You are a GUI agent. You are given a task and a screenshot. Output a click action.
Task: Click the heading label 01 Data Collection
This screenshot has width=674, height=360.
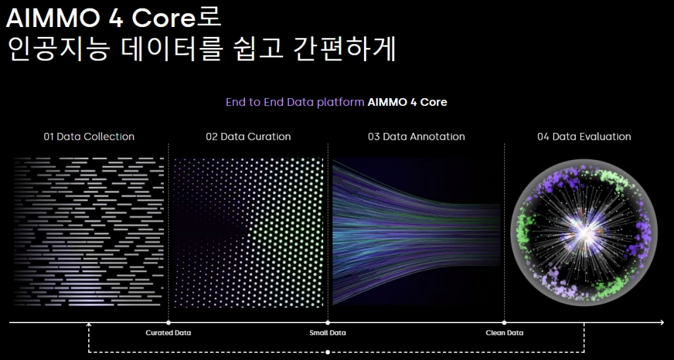click(x=89, y=137)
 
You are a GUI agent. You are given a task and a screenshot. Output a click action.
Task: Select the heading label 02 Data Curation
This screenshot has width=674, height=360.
click(x=248, y=137)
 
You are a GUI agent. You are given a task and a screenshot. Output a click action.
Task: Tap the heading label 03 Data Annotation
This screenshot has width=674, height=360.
click(x=416, y=137)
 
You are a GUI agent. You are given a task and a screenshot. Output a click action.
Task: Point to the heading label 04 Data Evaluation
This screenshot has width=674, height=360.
click(x=584, y=137)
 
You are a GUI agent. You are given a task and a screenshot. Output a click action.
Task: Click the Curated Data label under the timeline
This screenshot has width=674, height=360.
click(x=168, y=333)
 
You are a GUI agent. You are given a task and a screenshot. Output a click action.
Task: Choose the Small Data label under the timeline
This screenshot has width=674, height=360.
click(x=328, y=333)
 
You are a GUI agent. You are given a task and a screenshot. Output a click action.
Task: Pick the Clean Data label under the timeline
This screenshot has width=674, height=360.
click(x=505, y=333)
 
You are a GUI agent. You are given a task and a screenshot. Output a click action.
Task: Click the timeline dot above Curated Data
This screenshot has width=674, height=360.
click(x=168, y=322)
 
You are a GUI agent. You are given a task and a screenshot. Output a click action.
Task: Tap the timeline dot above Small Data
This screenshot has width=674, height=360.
click(x=328, y=322)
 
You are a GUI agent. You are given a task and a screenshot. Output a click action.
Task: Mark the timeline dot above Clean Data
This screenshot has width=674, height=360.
click(x=504, y=322)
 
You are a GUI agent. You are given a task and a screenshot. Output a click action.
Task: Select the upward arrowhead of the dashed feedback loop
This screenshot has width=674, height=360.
click(x=89, y=324)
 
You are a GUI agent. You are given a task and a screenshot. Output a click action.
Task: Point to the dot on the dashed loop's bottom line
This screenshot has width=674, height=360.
click(x=328, y=352)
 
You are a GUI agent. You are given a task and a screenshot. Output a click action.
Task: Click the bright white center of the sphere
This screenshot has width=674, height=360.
click(x=584, y=232)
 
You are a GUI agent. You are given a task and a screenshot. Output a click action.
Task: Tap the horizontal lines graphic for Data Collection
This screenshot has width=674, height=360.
click(x=89, y=232)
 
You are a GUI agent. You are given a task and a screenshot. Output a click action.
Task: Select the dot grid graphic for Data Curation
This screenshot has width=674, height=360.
click(x=248, y=232)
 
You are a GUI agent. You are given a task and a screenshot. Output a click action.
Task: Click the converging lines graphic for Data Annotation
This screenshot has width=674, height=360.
click(x=416, y=232)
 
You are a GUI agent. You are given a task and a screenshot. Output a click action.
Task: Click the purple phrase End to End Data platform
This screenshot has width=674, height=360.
click(x=295, y=102)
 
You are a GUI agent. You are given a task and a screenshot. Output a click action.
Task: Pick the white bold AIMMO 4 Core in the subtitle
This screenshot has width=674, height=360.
click(x=407, y=102)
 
